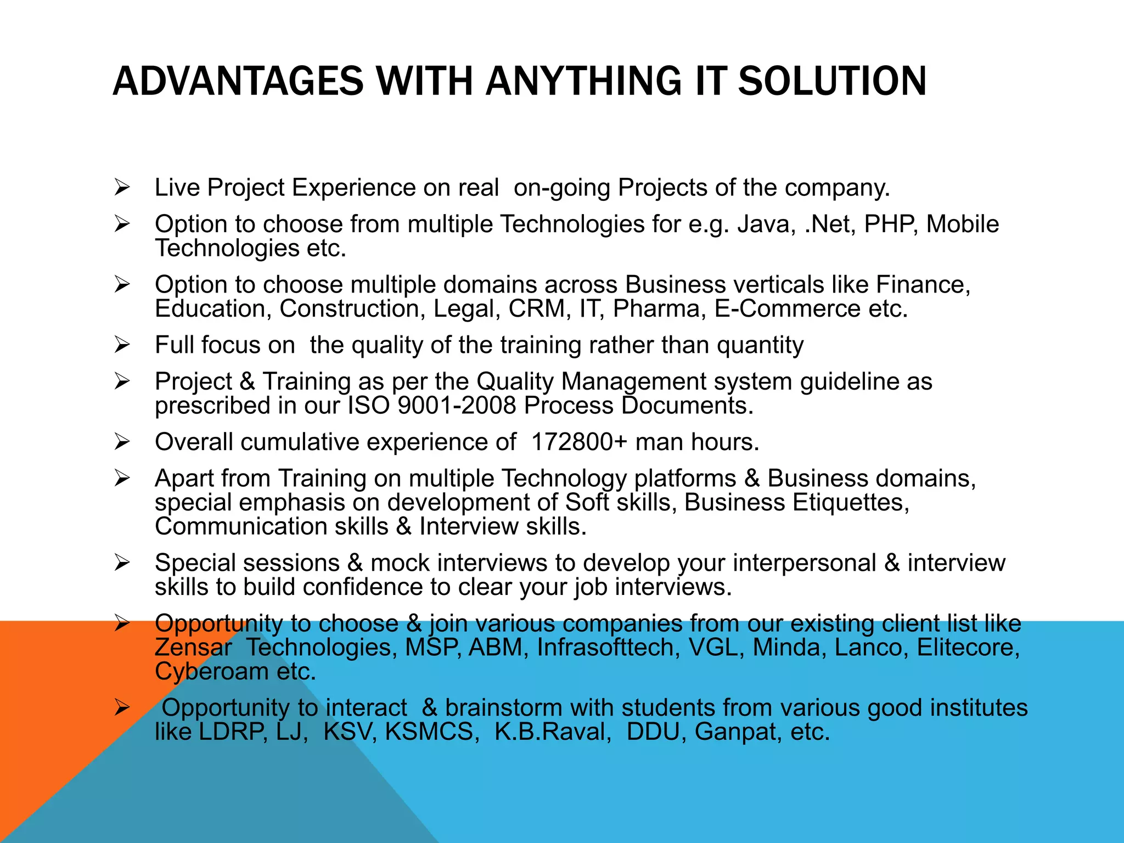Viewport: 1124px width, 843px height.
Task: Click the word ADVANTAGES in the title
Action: (238, 81)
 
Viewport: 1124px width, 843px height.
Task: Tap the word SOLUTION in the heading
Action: (832, 81)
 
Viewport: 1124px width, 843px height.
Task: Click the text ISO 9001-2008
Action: (431, 406)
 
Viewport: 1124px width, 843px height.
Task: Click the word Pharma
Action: (659, 309)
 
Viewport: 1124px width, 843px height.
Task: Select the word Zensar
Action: (193, 648)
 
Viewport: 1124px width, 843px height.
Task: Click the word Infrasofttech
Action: (608, 648)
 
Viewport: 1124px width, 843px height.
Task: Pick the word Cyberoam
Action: (211, 672)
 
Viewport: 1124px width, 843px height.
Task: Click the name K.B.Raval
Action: (553, 732)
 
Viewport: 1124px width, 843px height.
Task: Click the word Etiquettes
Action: (851, 503)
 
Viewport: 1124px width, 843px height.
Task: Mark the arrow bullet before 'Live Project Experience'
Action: (122, 187)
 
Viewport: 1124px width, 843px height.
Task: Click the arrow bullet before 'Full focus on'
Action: (122, 345)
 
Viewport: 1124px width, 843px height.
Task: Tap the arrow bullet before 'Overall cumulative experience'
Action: (122, 442)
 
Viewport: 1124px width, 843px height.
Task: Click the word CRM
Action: (536, 309)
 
